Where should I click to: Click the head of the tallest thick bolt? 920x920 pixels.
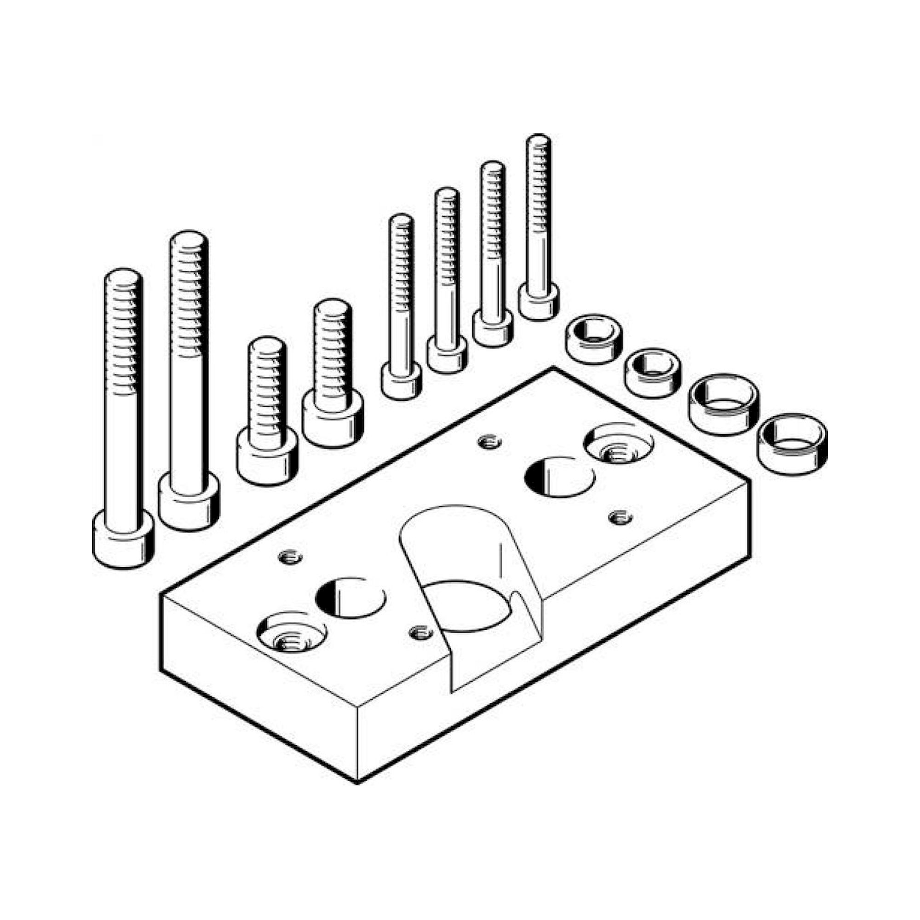[x=189, y=501]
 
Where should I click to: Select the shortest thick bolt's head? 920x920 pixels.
[x=267, y=456]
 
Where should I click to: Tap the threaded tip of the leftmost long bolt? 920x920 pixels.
[x=123, y=279]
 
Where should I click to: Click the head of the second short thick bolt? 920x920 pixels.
[x=333, y=421]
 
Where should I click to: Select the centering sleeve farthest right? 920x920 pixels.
[x=792, y=443]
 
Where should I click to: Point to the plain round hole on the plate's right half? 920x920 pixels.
[x=559, y=477]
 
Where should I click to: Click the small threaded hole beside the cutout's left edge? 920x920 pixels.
[x=421, y=632]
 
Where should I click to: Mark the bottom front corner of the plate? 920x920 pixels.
[x=357, y=782]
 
